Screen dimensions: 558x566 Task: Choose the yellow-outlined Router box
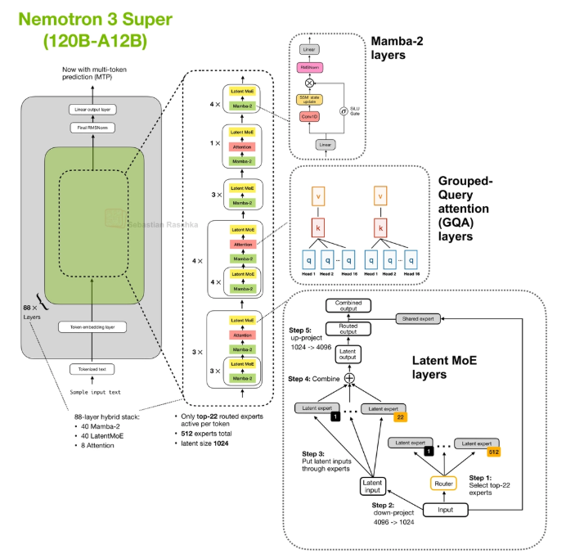(x=445, y=484)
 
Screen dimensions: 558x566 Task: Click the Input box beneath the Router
(x=445, y=510)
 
